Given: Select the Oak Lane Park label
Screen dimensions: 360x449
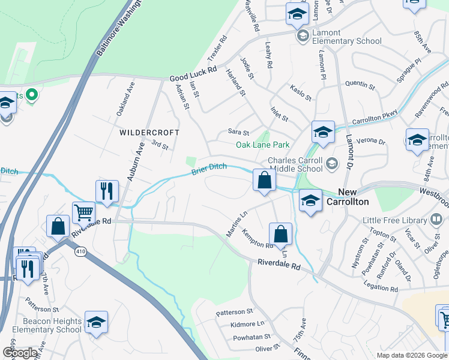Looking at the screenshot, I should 262,145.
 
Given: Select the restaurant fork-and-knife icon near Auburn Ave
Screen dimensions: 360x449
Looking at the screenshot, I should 106,191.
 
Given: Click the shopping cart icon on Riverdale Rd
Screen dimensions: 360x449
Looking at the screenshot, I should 83,212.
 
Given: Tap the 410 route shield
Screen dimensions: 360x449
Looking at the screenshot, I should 81,251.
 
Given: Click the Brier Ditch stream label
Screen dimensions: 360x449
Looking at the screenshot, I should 209,170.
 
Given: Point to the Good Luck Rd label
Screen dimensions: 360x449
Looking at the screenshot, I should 193,74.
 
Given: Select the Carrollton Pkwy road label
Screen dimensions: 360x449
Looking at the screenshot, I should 375,115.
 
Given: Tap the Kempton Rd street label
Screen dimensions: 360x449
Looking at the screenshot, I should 258,238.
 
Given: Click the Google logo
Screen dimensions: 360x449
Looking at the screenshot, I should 20,353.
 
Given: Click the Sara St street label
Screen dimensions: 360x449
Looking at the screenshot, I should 238,132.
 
